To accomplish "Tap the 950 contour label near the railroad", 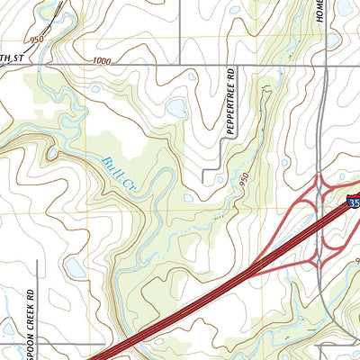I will click(x=36, y=40).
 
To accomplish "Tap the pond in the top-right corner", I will click(x=345, y=7).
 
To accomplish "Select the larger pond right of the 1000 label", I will click(x=175, y=110).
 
